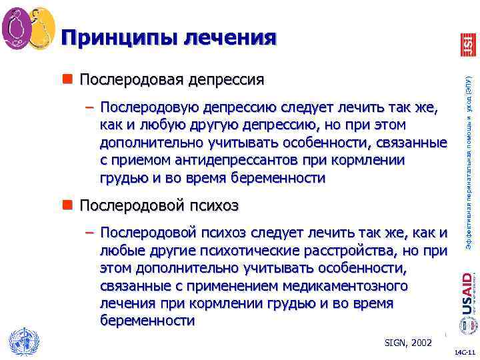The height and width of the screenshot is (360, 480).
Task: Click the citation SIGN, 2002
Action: tap(409, 343)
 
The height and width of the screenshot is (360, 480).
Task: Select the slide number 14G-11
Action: tap(463, 352)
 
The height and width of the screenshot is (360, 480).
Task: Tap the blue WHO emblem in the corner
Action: tap(22, 341)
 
